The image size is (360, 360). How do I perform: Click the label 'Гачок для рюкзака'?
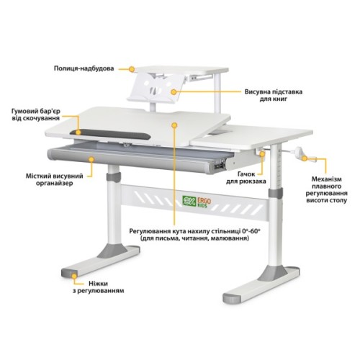[x=246, y=179]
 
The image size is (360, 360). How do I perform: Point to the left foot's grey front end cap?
[x=71, y=274]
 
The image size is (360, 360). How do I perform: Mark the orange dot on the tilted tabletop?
[x=174, y=124]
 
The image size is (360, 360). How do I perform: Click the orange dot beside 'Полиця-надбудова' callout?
[x=132, y=68]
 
